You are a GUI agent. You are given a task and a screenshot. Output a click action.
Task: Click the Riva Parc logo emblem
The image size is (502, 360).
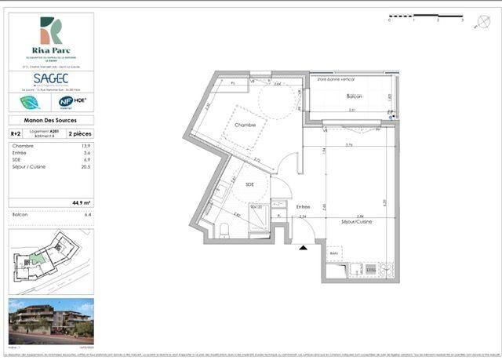point(51,31)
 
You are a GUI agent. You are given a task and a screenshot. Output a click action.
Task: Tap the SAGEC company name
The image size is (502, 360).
point(51,78)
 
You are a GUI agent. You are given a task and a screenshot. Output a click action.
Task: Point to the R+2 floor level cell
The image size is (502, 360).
point(16,134)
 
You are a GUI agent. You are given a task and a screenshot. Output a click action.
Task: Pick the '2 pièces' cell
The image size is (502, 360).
point(80,134)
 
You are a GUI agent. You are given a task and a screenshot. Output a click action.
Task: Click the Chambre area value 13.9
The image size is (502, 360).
point(86,147)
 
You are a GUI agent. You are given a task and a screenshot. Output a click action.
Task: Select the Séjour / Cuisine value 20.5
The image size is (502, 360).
point(85,167)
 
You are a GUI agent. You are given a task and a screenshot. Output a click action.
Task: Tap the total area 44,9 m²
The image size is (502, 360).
point(81,202)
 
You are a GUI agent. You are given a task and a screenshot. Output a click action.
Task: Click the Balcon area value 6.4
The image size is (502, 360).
point(87,213)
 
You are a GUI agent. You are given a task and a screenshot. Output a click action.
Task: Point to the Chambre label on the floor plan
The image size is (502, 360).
point(246,125)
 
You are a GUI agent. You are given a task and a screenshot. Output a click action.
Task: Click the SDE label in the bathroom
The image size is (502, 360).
point(249,184)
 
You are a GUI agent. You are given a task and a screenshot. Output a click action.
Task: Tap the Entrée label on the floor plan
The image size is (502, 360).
point(303,207)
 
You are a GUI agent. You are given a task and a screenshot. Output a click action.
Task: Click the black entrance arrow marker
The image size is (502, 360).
point(303,247)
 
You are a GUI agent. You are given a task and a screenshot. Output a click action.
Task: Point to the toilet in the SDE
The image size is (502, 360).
point(224,227)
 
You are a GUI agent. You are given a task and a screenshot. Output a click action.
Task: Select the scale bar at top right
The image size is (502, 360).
point(424,16)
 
